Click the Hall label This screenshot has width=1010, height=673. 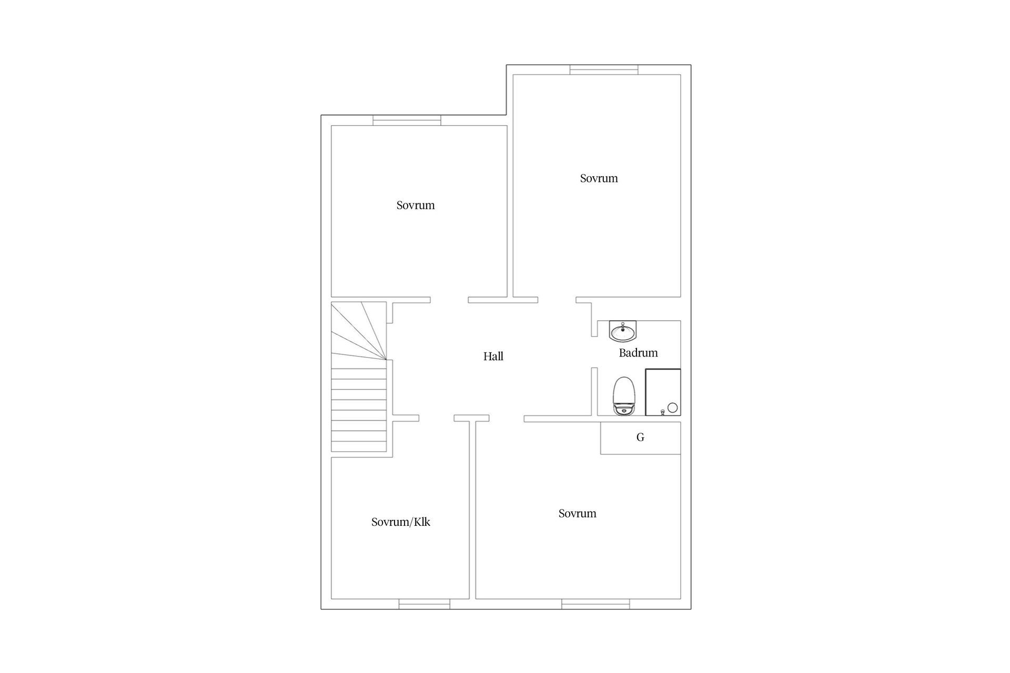point(493,356)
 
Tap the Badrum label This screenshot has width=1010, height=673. point(638,353)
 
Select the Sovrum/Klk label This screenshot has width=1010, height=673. point(400,522)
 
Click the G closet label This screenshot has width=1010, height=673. point(640,437)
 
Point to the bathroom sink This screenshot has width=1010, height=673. point(623,331)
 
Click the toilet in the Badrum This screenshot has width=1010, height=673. point(624,396)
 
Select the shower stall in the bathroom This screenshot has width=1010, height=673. point(663,392)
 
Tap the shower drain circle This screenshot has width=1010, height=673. point(672,407)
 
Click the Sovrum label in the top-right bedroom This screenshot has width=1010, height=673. point(599,178)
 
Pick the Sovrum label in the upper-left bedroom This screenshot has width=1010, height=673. point(416,205)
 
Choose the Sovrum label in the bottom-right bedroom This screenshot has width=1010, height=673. point(577,514)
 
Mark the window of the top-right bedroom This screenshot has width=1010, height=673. point(604,69)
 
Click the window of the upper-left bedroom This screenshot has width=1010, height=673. point(407,120)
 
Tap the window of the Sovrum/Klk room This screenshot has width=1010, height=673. point(424,604)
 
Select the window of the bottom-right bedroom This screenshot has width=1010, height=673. point(595,604)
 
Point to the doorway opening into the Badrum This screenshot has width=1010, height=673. point(594,352)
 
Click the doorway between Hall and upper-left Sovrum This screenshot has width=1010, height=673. point(449,300)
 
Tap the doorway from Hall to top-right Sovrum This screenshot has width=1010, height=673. point(557,300)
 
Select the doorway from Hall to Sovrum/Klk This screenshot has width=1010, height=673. point(437,418)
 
